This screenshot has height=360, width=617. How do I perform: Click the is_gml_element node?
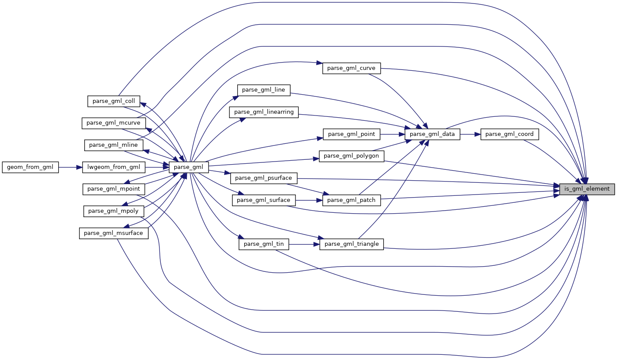587,189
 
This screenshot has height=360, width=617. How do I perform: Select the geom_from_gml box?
30,167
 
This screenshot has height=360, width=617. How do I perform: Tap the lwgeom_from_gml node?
113,167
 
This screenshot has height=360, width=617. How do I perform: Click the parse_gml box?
189,167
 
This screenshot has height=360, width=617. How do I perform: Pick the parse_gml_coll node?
114,101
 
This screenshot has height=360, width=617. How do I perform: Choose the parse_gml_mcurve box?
113,123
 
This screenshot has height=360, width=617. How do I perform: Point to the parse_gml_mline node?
113,145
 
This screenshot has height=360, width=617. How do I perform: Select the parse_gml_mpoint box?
113,189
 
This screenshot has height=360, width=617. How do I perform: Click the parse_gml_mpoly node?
113,211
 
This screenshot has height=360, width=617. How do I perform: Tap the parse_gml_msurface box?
113,233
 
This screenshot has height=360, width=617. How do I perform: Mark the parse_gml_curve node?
352,68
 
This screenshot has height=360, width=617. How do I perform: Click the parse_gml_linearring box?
264,112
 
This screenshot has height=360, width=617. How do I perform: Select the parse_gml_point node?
352,134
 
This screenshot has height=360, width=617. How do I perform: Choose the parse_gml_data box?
432,134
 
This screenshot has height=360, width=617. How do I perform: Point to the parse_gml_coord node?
509,134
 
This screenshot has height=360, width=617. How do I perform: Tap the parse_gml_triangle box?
352,244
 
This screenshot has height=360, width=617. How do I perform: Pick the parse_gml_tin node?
264,244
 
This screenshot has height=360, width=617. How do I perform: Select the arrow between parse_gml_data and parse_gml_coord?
470,134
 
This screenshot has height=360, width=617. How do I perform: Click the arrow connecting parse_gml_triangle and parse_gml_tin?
304,244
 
